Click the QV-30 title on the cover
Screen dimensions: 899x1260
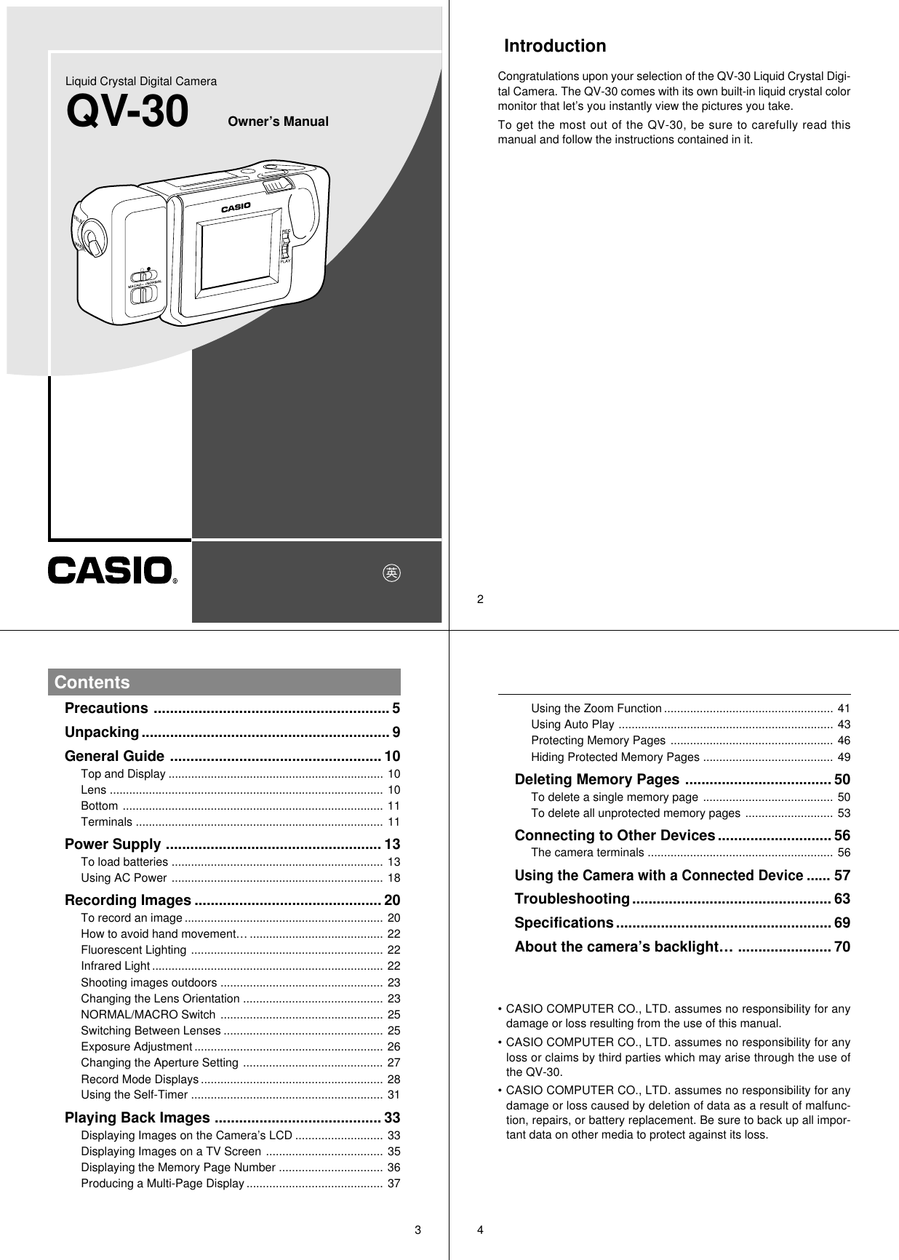click(x=127, y=113)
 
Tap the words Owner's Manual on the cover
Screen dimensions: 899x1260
click(x=278, y=121)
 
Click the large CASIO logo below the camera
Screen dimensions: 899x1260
click(x=111, y=570)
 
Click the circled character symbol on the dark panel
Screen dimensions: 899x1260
click(x=392, y=573)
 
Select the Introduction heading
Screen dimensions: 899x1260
click(x=555, y=47)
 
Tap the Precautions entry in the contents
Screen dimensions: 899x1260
click(x=106, y=709)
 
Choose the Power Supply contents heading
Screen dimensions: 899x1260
click(x=113, y=845)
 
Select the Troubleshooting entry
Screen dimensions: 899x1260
click(x=572, y=899)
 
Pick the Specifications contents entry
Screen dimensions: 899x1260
click(x=564, y=923)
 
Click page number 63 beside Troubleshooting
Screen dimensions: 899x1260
click(x=842, y=899)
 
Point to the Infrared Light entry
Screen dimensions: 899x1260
click(x=115, y=966)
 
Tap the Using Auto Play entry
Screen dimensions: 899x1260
click(x=572, y=725)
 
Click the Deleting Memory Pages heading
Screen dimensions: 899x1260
click(x=596, y=781)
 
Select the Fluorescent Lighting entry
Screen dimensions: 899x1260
click(x=134, y=950)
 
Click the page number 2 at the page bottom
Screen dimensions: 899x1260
click(x=480, y=599)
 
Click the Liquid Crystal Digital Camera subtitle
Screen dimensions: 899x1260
click(x=141, y=81)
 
